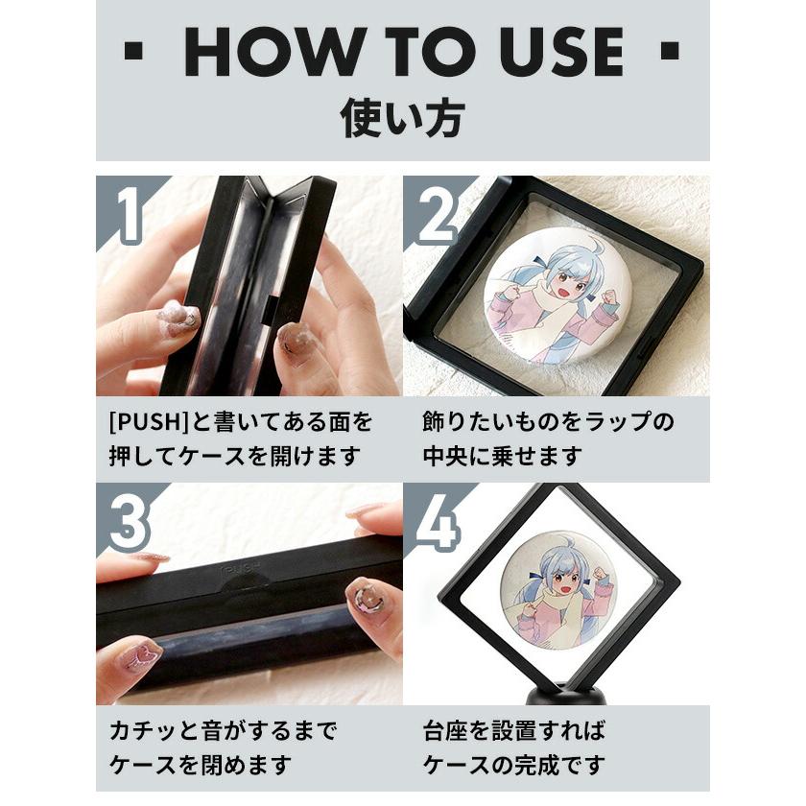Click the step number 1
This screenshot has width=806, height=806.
point(128,214)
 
